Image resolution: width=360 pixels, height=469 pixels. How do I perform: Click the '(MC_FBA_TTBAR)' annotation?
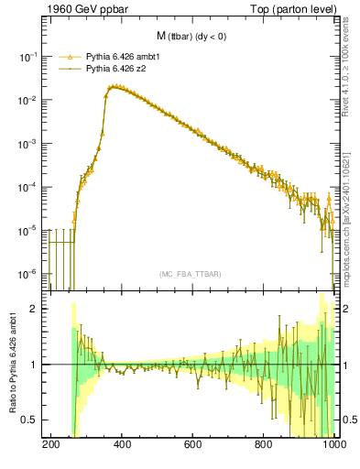tap(192, 274)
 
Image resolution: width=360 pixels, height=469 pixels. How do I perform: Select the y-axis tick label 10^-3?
tap(30, 144)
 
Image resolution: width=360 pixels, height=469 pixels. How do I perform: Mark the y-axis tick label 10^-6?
tap(30, 274)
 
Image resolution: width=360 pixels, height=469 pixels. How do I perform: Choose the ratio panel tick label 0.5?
tap(33, 420)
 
